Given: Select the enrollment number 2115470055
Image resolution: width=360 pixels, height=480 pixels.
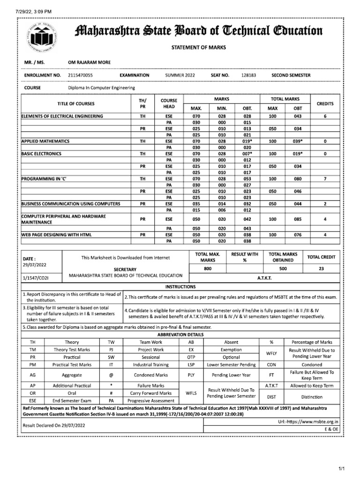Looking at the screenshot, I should (x=80, y=75).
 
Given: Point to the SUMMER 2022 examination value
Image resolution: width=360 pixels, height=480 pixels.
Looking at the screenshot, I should (x=180, y=75).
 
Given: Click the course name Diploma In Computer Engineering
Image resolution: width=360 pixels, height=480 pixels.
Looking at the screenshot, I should (x=101, y=88).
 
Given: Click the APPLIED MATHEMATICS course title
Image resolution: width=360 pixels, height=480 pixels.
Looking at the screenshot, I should (x=45, y=141).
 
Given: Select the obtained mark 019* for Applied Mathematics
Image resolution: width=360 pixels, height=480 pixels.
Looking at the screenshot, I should (x=247, y=141).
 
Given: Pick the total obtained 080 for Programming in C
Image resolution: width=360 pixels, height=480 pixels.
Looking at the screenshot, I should (x=298, y=179).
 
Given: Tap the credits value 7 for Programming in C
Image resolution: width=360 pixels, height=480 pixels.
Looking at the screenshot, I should (x=325, y=179).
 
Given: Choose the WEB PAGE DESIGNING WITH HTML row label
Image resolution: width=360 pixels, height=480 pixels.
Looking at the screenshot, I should (x=56, y=234).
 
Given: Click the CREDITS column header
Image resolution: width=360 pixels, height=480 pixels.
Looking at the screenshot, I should (x=325, y=104).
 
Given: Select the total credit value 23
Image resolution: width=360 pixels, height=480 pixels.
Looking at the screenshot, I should (x=321, y=269).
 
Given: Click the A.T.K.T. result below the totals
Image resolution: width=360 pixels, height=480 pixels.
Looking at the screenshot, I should (x=264, y=278).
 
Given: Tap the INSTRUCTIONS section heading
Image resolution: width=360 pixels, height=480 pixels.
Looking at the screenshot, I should (x=180, y=286).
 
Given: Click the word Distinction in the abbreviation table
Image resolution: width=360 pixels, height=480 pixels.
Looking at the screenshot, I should (x=312, y=397).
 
